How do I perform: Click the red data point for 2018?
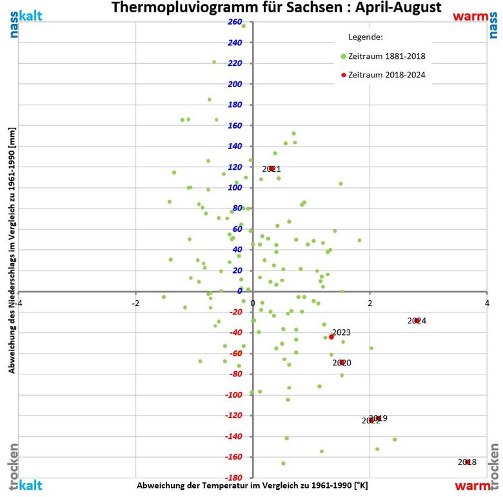pyautogui.click(x=468, y=462)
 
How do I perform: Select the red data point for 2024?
pyautogui.click(x=417, y=320)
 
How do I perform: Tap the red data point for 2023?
pyautogui.click(x=331, y=337)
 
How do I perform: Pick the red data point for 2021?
pyautogui.click(x=272, y=168)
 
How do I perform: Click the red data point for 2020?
pyautogui.click(x=342, y=362)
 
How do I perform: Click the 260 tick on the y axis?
pyautogui.click(x=235, y=23)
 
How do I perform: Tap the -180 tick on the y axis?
pyautogui.click(x=233, y=478)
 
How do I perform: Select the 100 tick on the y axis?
pyautogui.click(x=235, y=188)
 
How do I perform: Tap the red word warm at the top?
pyautogui.click(x=470, y=15)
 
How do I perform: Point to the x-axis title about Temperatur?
pyautogui.click(x=252, y=484)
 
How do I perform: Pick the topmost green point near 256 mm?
pyautogui.click(x=244, y=26)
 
